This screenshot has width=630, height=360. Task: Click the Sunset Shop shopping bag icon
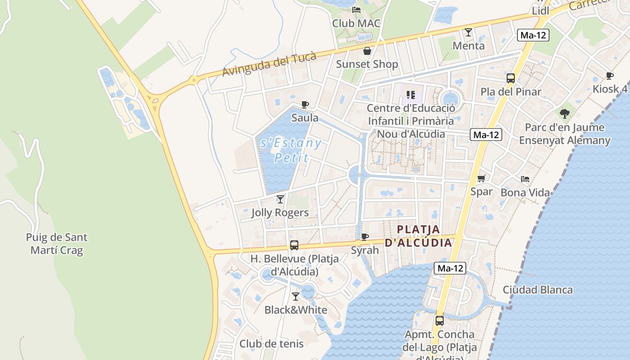pyautogui.click(x=367, y=51)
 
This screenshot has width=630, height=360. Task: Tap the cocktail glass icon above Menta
pyautogui.click(x=468, y=32)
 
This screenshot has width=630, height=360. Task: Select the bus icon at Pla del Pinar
pyautogui.click(x=511, y=78)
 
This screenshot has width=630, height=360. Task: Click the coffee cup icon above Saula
pyautogui.click(x=305, y=105)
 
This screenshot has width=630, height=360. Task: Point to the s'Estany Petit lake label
pyautogui.click(x=291, y=150)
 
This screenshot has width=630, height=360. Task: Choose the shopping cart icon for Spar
pyautogui.click(x=481, y=179)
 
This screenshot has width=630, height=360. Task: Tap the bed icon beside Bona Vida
pyautogui.click(x=525, y=179)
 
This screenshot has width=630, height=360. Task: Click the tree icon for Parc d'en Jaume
pyautogui.click(x=565, y=113)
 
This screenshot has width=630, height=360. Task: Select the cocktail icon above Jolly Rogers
pyautogui.click(x=280, y=199)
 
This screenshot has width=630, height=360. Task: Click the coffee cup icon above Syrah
pyautogui.click(x=365, y=237)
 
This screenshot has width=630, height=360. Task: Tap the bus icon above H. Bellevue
pyautogui.click(x=294, y=245)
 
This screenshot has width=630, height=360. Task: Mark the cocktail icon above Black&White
pyautogui.click(x=296, y=297)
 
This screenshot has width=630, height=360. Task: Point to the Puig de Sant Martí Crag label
pyautogui.click(x=57, y=243)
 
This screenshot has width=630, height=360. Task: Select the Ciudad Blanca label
pyautogui.click(x=538, y=289)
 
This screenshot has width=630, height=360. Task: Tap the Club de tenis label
pyautogui.click(x=271, y=344)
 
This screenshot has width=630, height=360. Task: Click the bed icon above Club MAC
pyautogui.click(x=356, y=9)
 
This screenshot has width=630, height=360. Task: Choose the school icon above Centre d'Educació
pyautogui.click(x=410, y=94)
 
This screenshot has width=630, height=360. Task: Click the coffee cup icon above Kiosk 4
pyautogui.click(x=610, y=76)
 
